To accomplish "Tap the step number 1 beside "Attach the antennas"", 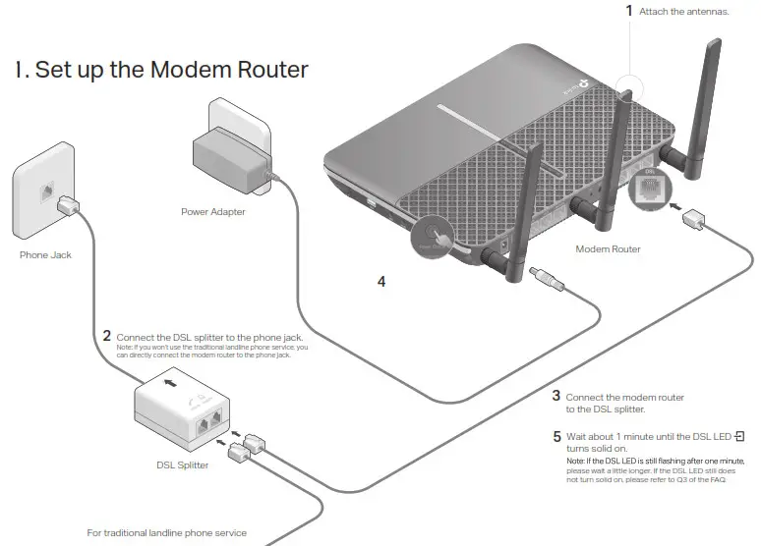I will tap(629, 11).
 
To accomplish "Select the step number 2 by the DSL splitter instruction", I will tap(106, 336).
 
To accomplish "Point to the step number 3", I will tap(556, 396).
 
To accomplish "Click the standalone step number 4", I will tap(381, 282).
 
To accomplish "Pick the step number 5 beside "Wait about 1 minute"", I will tap(556, 435).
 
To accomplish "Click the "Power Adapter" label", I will tap(212, 211).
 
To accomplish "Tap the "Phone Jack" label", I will tap(45, 254).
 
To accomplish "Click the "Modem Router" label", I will tap(608, 249).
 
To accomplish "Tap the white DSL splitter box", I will tap(187, 412).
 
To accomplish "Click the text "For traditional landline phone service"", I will tap(166, 533).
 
